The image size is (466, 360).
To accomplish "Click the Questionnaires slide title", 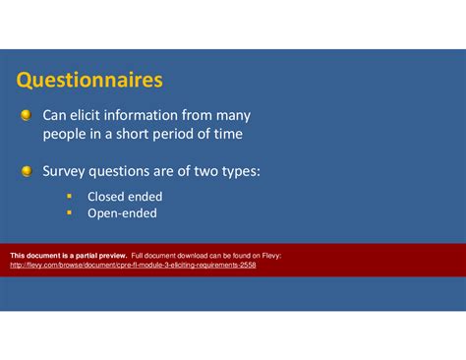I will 89,78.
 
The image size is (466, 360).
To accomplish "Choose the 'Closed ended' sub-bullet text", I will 125,197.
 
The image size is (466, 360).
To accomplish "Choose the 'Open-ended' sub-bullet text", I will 122,212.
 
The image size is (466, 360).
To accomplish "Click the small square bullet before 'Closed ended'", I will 70,197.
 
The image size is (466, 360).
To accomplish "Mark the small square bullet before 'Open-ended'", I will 70,212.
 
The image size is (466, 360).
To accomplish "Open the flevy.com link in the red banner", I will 133,265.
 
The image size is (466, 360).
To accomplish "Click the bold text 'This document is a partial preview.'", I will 68,255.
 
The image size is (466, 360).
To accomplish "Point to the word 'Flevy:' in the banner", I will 268,255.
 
